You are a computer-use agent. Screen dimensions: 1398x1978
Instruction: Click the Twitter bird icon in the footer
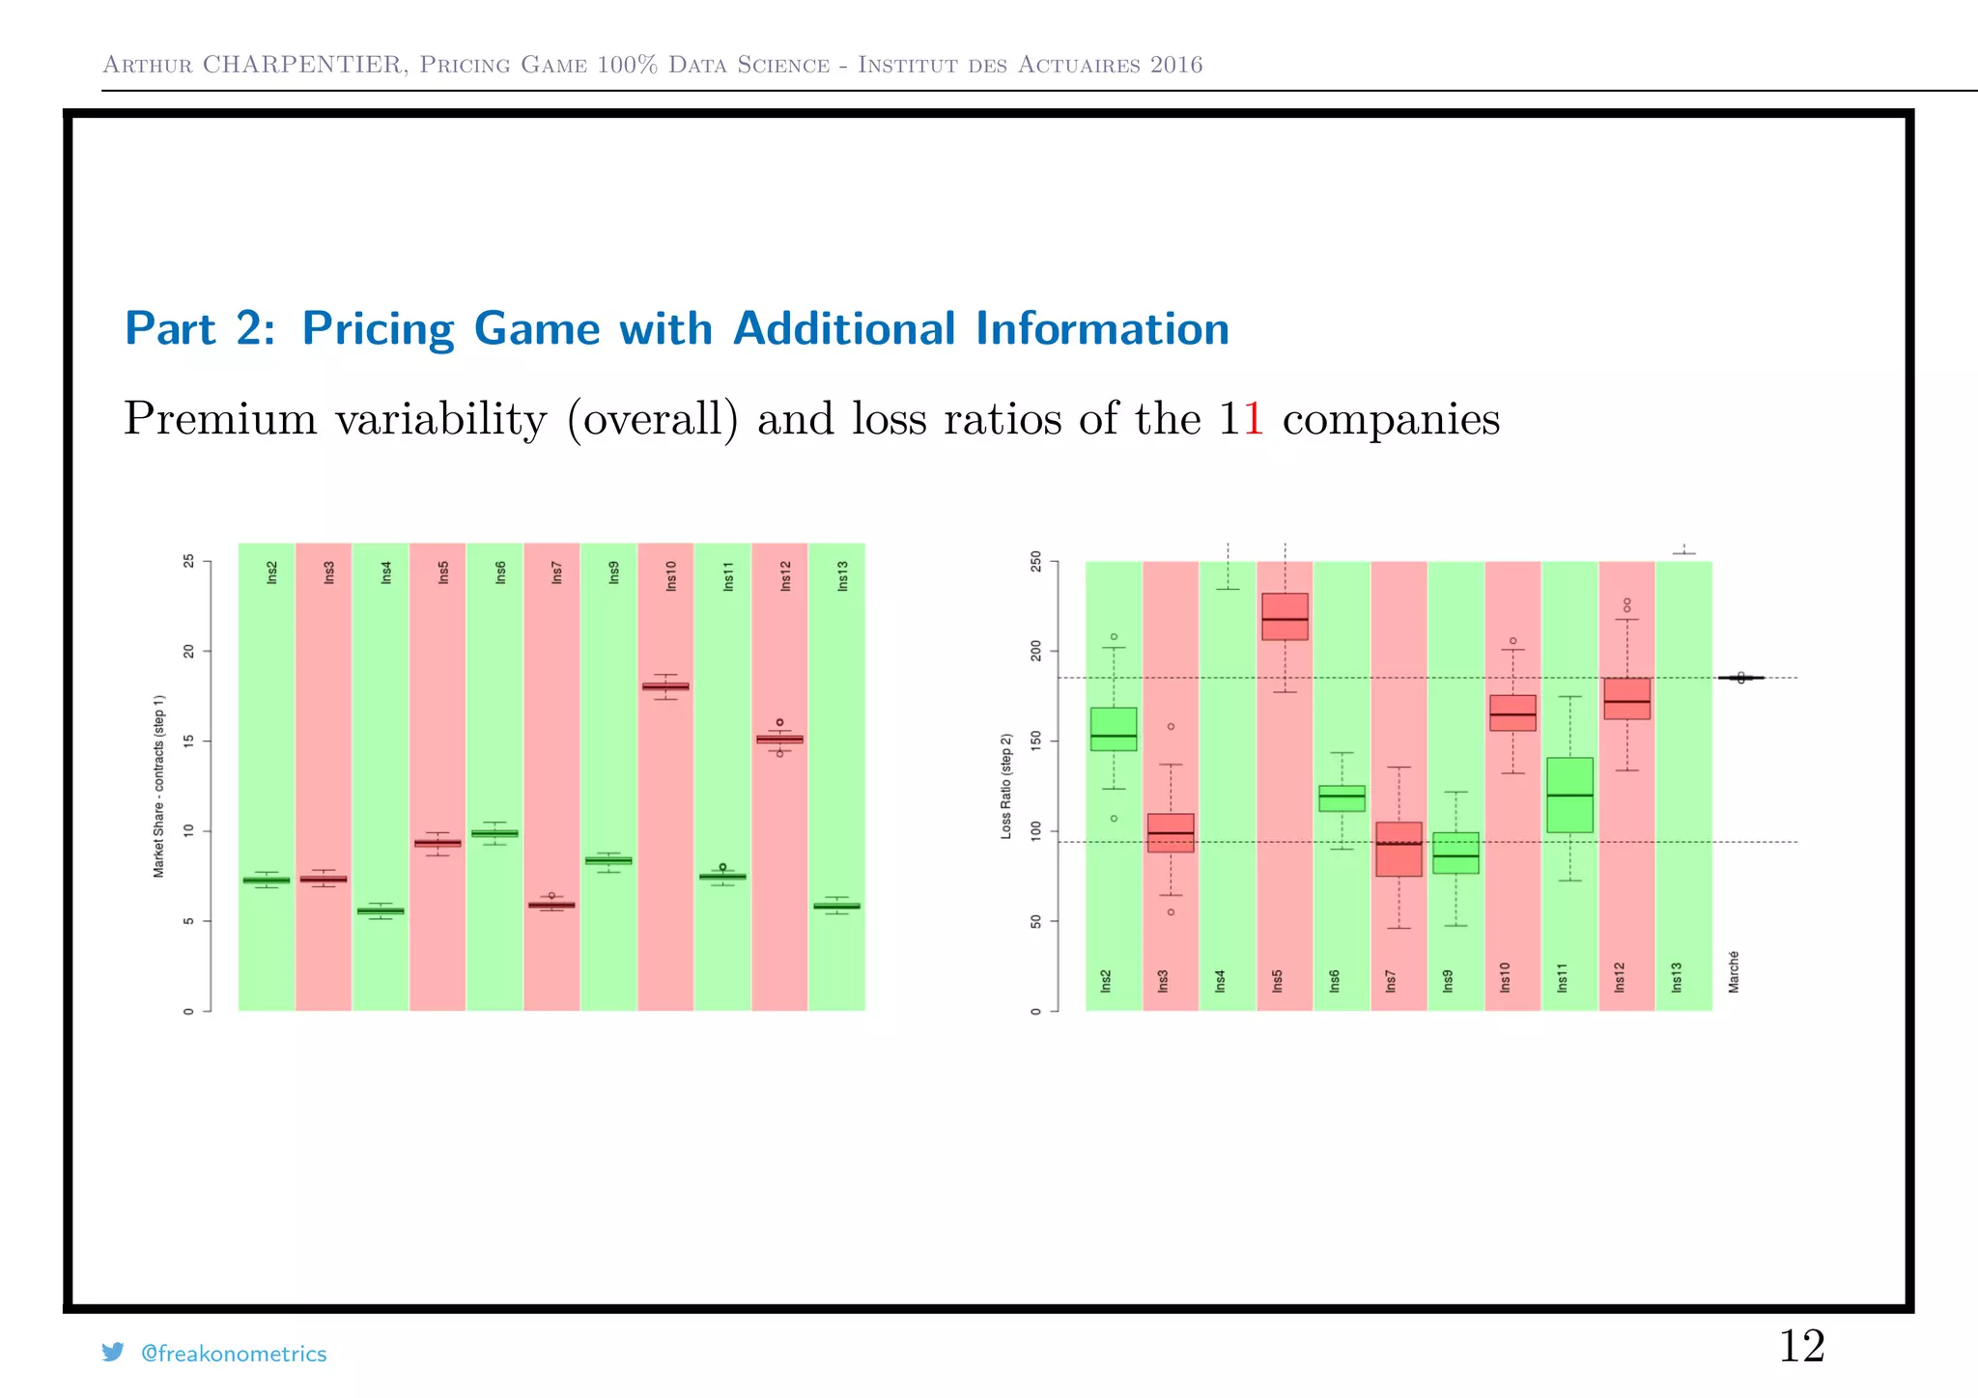pos(113,1352)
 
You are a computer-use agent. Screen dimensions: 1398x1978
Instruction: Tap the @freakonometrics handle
pos(234,1354)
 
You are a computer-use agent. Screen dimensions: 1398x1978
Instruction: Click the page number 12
pos(1801,1346)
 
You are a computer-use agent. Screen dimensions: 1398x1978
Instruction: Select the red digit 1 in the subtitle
pos(1253,419)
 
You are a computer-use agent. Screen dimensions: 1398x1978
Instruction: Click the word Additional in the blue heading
pos(845,328)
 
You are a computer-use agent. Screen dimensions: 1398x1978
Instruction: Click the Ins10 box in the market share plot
pos(665,686)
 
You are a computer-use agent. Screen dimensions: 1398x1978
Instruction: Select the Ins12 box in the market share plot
pos(779,739)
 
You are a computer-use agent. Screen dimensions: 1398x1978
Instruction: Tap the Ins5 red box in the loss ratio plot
pos(1285,616)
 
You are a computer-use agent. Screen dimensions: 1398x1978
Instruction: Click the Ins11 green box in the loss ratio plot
pos(1569,795)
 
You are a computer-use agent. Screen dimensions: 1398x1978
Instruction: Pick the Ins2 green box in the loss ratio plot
pos(1114,729)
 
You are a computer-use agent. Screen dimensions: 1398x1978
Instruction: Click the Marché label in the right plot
pos(1734,971)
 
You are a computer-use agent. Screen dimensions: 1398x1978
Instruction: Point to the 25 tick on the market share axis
pos(188,561)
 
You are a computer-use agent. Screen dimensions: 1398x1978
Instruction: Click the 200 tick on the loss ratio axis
pos(1036,651)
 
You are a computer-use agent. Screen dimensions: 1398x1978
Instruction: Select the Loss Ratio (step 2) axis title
pos(1005,786)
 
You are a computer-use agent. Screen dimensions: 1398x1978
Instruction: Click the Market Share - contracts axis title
pos(158,786)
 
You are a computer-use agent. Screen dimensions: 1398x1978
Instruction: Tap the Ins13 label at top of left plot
pos(842,575)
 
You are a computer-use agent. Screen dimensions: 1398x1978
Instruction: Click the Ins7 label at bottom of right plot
pos(1391,981)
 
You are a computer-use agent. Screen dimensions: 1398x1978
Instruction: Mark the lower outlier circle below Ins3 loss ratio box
pos(1171,911)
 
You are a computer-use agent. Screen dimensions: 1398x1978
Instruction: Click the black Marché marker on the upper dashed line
pos(1740,678)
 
